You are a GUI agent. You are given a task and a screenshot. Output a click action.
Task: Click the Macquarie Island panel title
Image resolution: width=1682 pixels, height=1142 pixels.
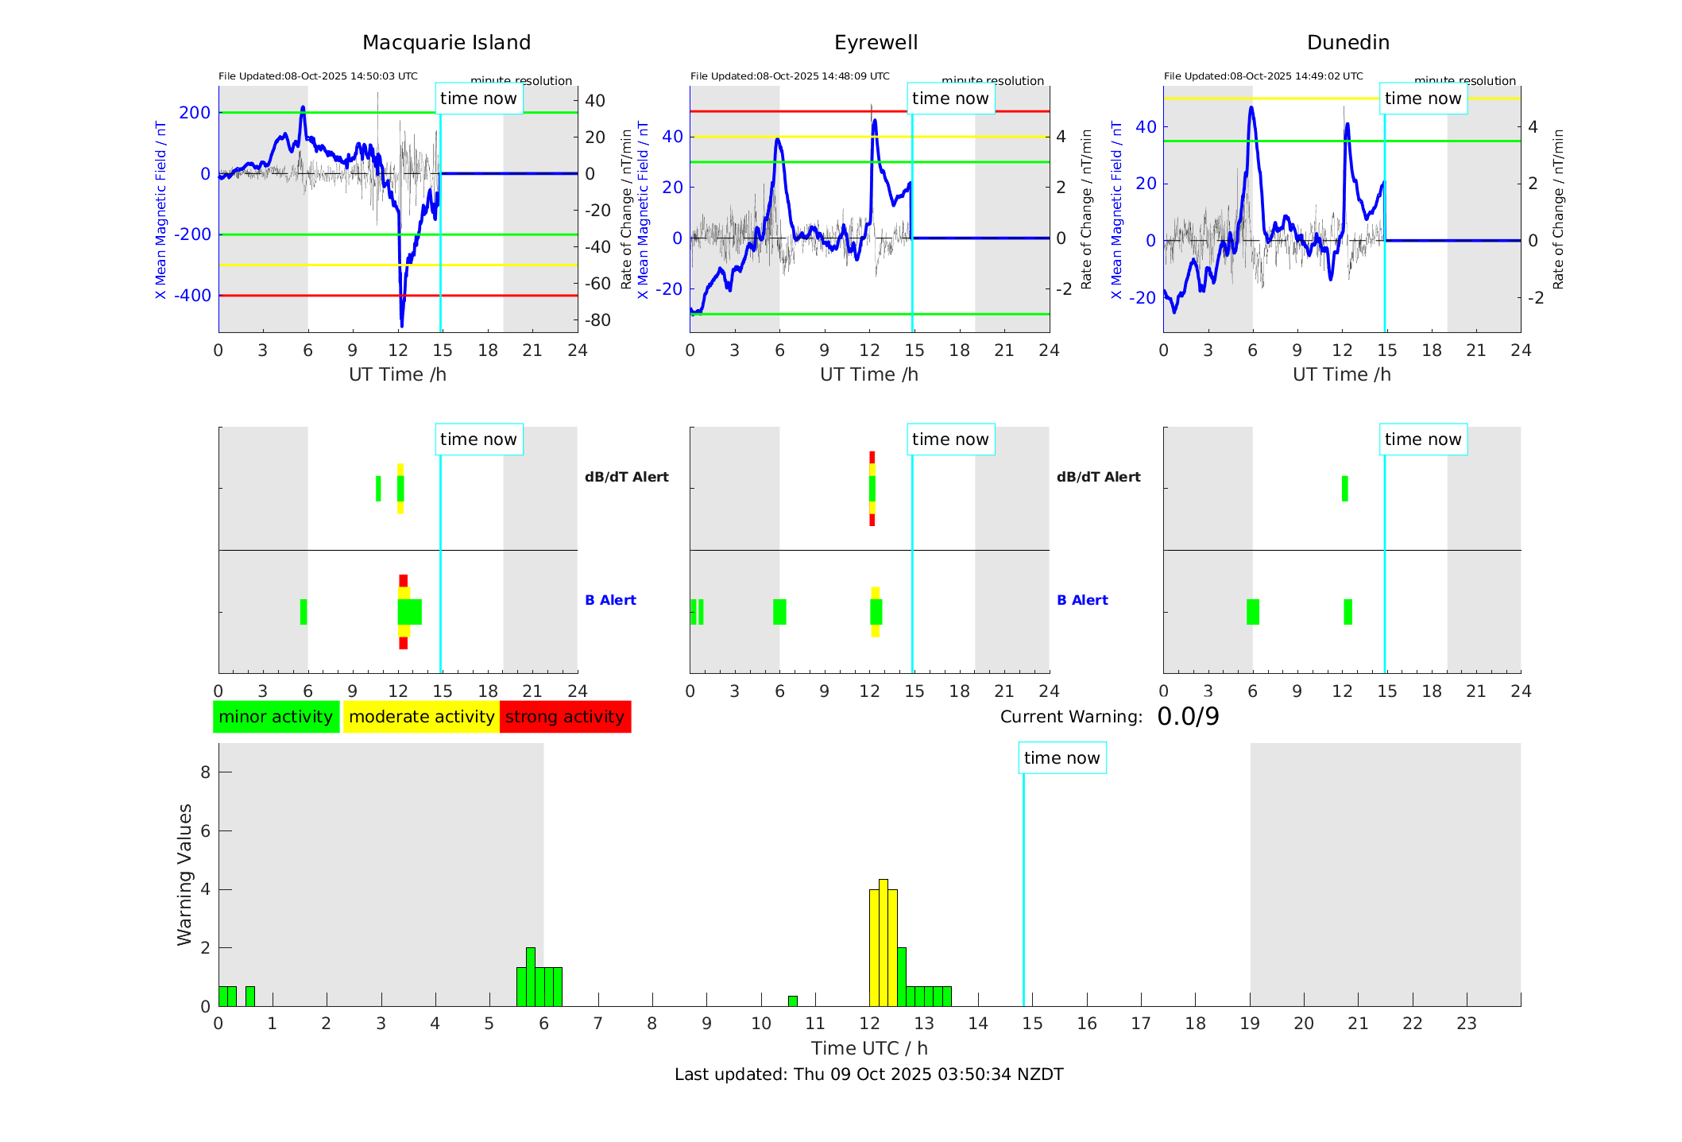(x=447, y=43)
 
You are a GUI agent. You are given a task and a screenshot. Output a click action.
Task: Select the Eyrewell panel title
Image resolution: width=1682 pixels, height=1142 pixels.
(x=876, y=43)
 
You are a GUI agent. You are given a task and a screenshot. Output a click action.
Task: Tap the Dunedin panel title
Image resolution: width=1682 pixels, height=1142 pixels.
(x=1348, y=43)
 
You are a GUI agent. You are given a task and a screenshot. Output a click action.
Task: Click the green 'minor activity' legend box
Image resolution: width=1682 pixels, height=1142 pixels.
(x=276, y=717)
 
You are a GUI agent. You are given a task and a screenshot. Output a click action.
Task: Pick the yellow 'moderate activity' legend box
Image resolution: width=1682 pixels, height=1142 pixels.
(x=421, y=717)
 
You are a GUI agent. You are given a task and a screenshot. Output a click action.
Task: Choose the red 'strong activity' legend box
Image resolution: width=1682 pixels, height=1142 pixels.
(x=565, y=717)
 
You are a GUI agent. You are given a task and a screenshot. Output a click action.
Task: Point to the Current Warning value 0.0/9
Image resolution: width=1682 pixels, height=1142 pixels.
(x=1188, y=717)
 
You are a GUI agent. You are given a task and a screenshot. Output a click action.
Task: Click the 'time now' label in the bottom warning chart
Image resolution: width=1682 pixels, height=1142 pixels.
(x=1061, y=758)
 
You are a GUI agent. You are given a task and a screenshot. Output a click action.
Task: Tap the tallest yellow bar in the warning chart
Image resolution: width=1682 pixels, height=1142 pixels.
(x=883, y=943)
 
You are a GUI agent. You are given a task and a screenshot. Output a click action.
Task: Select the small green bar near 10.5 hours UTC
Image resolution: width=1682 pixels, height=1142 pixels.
(x=792, y=1001)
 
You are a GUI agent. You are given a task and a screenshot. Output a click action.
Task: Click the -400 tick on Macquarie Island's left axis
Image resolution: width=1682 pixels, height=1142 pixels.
(x=192, y=296)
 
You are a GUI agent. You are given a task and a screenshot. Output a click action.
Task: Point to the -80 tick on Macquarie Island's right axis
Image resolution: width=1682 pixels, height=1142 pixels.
(x=597, y=320)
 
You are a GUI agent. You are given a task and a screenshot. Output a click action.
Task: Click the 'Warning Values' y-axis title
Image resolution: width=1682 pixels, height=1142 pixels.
(x=184, y=874)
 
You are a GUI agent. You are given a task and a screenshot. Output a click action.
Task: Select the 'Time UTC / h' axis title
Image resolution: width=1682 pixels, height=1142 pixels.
(x=869, y=1048)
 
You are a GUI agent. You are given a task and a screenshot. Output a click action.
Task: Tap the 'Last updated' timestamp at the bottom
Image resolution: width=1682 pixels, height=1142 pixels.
(x=868, y=1074)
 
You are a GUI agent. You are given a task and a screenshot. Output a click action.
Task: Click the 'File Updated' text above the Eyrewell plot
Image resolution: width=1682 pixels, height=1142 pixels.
(x=790, y=76)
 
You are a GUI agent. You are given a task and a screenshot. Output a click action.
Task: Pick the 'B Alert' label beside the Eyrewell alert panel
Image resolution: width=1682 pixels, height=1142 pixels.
(x=1082, y=600)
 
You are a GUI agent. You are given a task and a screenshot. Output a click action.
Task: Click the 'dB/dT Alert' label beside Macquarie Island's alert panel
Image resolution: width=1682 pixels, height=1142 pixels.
(x=626, y=477)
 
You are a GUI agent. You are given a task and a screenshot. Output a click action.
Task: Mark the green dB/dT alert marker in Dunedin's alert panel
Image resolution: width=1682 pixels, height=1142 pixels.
(x=1344, y=489)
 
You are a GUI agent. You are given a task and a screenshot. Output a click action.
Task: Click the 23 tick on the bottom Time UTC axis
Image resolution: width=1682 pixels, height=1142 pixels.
(x=1466, y=1024)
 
